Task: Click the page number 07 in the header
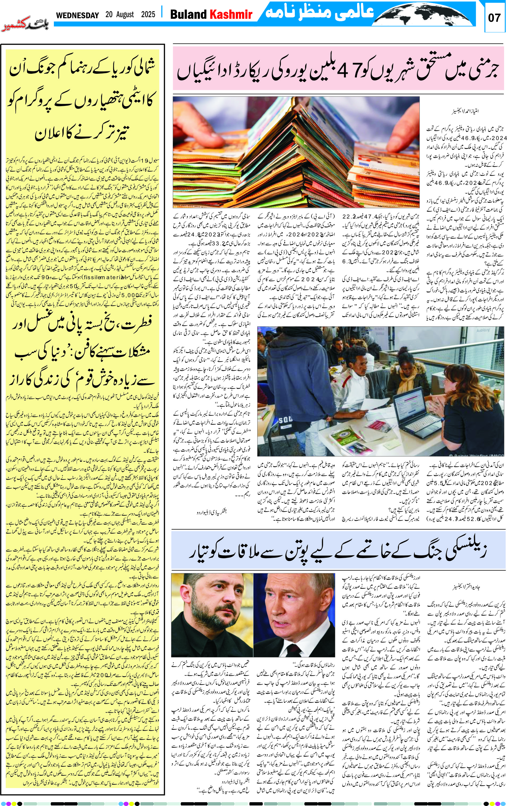click(494, 17)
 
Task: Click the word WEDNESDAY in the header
click(77, 15)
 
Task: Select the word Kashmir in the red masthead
click(230, 14)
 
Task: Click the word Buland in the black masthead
click(188, 14)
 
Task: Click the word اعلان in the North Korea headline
click(54, 134)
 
